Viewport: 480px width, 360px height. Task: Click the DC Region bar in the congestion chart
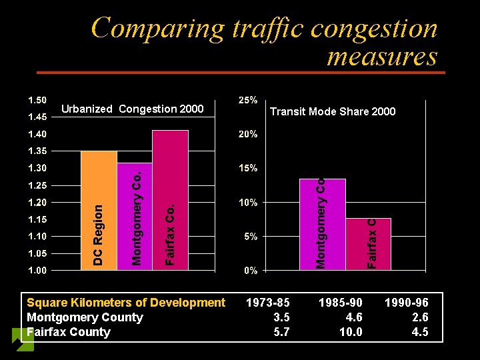(x=98, y=211)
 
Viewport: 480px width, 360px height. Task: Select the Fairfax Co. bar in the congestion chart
(x=171, y=200)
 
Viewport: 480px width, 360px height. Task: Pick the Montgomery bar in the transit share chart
(x=323, y=224)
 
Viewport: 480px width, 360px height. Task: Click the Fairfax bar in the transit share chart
(x=368, y=244)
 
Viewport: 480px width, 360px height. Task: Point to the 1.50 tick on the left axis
(x=37, y=100)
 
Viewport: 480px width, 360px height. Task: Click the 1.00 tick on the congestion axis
(x=37, y=271)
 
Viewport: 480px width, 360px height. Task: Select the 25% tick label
(x=248, y=100)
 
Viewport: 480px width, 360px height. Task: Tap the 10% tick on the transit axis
(x=248, y=202)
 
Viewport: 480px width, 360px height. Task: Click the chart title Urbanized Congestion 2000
(x=132, y=109)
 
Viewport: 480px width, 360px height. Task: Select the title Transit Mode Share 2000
(x=332, y=112)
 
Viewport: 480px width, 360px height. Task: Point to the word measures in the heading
(x=381, y=57)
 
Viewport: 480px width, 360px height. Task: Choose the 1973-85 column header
(x=268, y=303)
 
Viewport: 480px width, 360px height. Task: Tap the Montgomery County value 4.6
(x=353, y=317)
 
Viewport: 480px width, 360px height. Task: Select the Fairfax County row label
(x=69, y=332)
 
